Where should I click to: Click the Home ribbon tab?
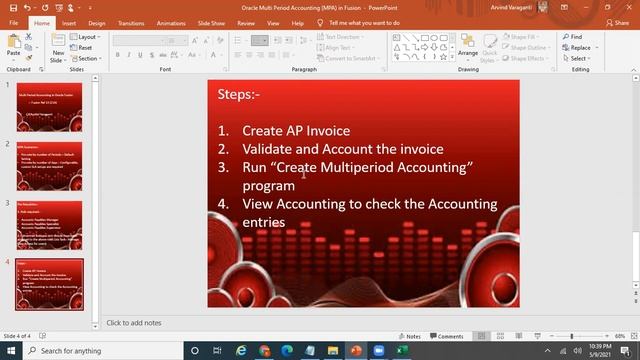tap(41, 22)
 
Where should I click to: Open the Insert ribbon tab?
tap(68, 22)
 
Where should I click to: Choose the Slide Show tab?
tap(211, 22)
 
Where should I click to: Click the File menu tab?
tap(14, 22)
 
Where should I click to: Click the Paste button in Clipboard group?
tap(14, 48)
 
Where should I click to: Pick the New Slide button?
tap(58, 49)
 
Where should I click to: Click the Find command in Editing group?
tap(576, 37)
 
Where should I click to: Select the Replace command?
tap(580, 47)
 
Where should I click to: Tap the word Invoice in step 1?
tap(327, 131)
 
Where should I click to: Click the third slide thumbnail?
tap(49, 225)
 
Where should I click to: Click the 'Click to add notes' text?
tap(133, 322)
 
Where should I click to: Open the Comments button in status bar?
tap(448, 336)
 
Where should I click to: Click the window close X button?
tap(628, 6)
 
